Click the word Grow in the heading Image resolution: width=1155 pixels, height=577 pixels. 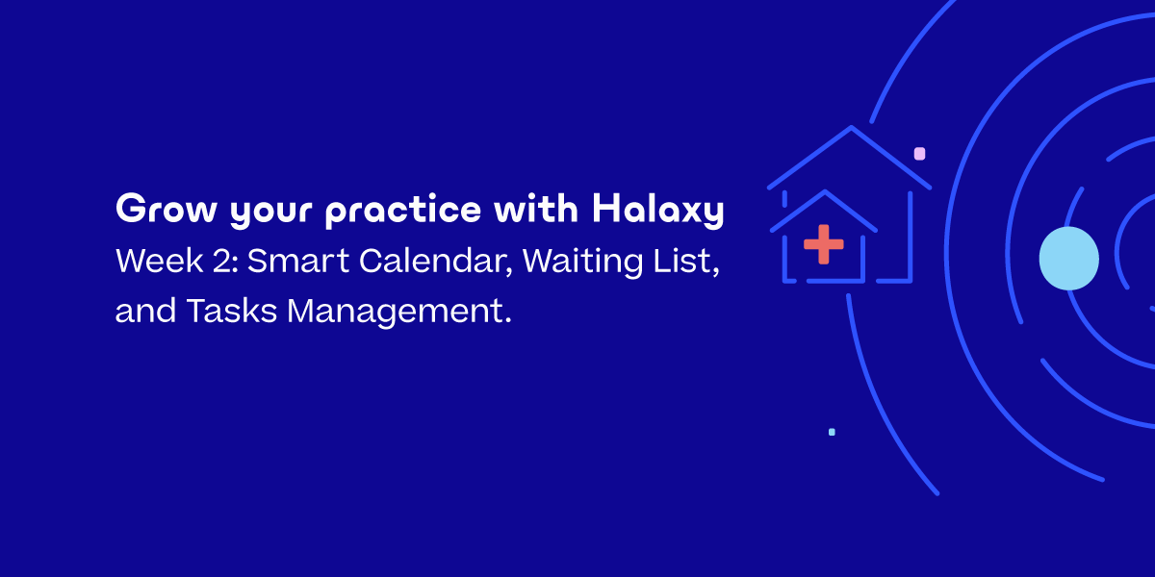coord(166,208)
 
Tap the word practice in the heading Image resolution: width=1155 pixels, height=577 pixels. coord(403,211)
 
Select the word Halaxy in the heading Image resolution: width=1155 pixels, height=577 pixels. coord(658,210)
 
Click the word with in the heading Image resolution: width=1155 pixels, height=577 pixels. coord(536,208)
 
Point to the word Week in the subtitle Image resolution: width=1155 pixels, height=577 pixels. coord(160,261)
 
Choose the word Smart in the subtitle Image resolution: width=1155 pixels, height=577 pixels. coord(298,261)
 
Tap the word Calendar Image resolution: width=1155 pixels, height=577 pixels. coord(436,262)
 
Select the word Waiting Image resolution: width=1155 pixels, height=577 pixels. coord(582,262)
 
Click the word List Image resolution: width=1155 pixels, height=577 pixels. coord(686,262)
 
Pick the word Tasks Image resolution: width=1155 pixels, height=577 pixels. coord(232,311)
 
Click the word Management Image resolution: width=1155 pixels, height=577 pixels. coord(399,313)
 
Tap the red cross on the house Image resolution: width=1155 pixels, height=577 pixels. coord(824,244)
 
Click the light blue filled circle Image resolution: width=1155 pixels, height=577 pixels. coord(1069,258)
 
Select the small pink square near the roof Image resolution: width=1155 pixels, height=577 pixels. coord(919,154)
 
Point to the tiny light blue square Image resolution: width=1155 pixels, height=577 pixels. coord(832,432)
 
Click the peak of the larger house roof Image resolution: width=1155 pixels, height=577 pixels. coord(851,127)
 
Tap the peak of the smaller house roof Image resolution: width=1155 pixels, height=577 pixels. coord(825,191)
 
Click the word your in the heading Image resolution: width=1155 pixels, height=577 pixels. coord(270,212)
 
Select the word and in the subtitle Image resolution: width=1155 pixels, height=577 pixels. coord(145,310)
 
